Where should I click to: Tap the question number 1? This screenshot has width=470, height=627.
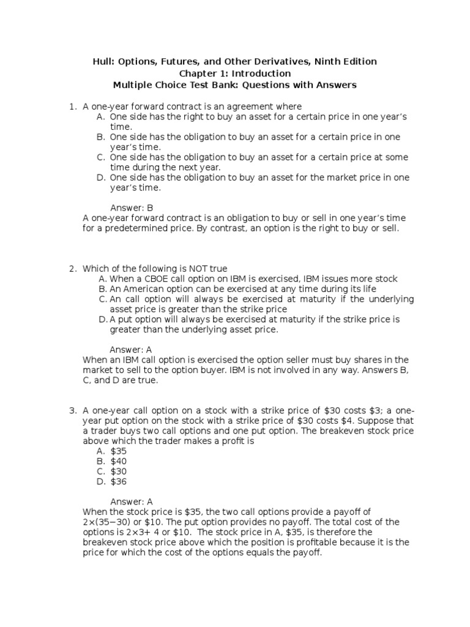(x=72, y=107)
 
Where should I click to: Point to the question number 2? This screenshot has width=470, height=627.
(x=72, y=269)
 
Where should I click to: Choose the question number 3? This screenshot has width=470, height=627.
(x=72, y=410)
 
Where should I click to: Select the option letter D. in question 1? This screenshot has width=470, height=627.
(x=101, y=178)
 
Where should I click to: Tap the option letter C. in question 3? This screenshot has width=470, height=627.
(x=101, y=471)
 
